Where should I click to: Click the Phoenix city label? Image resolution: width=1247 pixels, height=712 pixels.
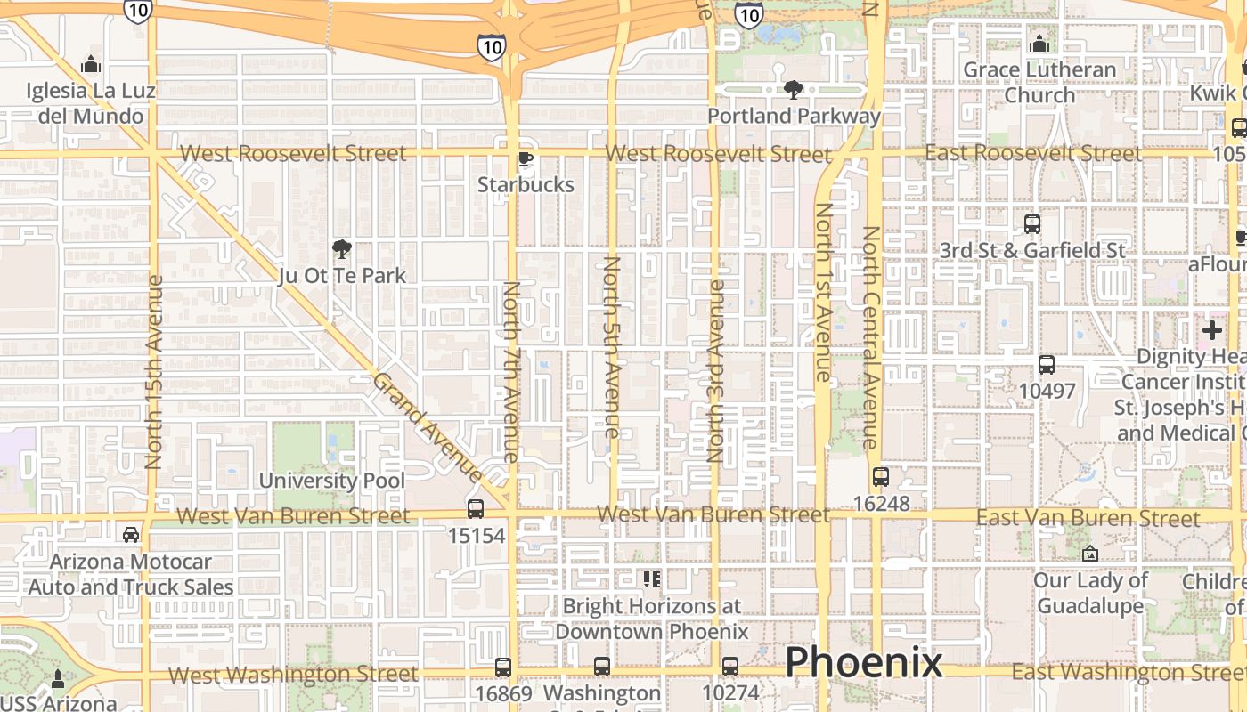click(x=863, y=662)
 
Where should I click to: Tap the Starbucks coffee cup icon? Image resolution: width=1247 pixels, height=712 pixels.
click(x=526, y=159)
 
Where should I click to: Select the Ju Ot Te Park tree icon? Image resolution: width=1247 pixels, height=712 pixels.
click(x=341, y=249)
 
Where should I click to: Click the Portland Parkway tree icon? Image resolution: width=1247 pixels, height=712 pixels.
click(x=793, y=89)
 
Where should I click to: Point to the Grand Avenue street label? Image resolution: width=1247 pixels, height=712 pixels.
click(x=428, y=427)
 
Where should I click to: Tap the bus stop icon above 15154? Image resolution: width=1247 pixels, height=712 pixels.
click(x=476, y=509)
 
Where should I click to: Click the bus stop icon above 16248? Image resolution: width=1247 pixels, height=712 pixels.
click(x=881, y=477)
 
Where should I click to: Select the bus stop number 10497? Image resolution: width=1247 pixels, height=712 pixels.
click(x=1047, y=391)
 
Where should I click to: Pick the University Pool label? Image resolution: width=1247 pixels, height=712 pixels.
click(x=331, y=481)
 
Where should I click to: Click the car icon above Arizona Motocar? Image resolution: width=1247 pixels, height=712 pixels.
click(x=131, y=535)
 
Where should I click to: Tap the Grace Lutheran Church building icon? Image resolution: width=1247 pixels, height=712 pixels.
click(x=1039, y=44)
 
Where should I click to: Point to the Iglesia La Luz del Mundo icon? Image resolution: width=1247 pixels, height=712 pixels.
click(x=90, y=65)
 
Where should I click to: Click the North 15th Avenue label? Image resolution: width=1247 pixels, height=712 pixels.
click(x=153, y=372)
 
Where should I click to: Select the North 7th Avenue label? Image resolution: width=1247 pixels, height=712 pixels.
click(x=510, y=372)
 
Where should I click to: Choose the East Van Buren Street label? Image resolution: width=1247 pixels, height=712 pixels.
click(x=1088, y=518)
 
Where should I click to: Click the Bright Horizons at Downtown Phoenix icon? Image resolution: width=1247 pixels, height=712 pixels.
click(x=651, y=580)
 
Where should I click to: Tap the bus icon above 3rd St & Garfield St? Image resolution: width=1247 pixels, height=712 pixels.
click(x=1032, y=224)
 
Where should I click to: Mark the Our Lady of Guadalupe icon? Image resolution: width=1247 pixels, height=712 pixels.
click(x=1089, y=554)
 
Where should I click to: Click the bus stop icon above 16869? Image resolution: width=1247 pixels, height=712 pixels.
click(x=503, y=667)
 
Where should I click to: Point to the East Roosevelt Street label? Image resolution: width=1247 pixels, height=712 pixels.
click(x=1032, y=153)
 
